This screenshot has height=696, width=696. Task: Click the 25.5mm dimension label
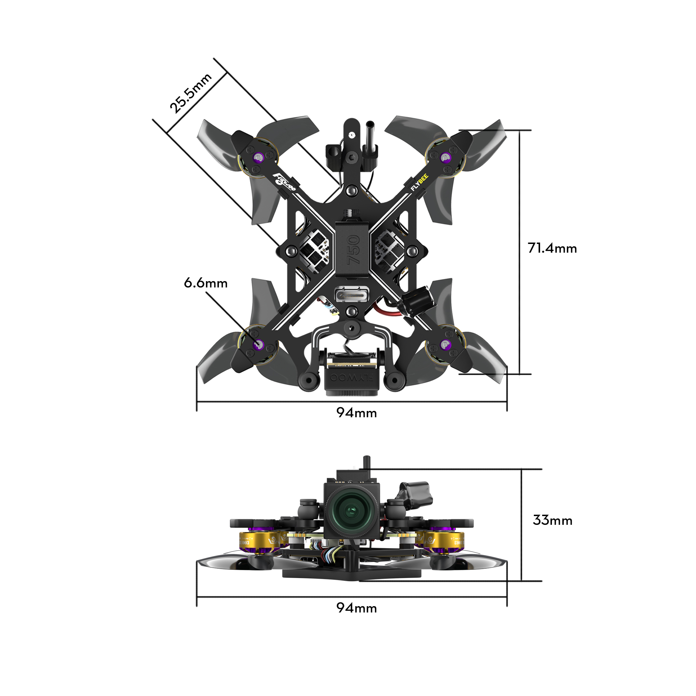click(x=191, y=93)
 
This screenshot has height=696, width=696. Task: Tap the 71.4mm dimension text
click(x=552, y=248)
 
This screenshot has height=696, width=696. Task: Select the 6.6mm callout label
click(x=206, y=283)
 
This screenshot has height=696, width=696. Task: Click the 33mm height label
click(x=552, y=520)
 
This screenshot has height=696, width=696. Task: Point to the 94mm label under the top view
click(x=356, y=413)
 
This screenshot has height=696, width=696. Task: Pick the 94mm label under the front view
click(x=356, y=608)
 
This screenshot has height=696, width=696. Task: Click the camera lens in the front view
click(x=350, y=511)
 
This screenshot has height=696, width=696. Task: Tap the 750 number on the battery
click(x=352, y=250)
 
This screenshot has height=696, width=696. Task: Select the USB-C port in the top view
click(x=351, y=295)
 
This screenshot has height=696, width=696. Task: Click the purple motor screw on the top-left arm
click(x=258, y=157)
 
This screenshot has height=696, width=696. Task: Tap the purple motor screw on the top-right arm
click(x=445, y=157)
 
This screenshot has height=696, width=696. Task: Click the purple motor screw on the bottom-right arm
click(x=445, y=345)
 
